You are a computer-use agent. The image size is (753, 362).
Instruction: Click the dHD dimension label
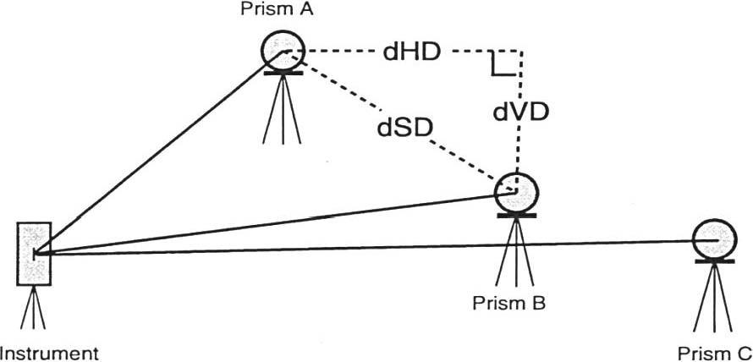pyautogui.click(x=410, y=53)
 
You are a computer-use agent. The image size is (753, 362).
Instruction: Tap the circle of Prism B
pyautogui.click(x=514, y=192)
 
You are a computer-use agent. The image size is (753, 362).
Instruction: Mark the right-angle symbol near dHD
pyautogui.click(x=503, y=64)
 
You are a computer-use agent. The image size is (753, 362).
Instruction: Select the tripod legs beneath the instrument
pyautogui.click(x=34, y=309)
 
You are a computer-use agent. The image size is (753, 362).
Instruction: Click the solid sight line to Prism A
pyautogui.click(x=152, y=156)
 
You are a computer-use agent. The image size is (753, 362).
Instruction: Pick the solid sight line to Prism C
pyautogui.click(x=381, y=246)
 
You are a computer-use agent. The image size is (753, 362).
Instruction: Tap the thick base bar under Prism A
pyautogui.click(x=283, y=73)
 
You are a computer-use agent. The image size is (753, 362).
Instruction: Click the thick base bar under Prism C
pyautogui.click(x=714, y=260)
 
